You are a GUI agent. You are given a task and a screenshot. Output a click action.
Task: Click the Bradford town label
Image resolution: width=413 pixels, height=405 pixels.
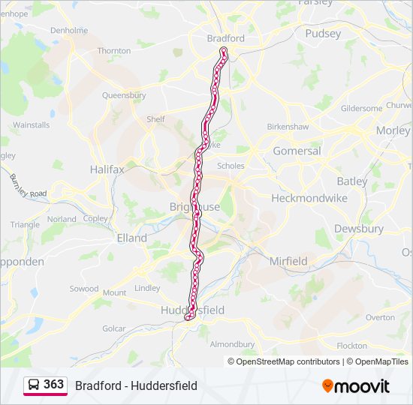coord(225,38)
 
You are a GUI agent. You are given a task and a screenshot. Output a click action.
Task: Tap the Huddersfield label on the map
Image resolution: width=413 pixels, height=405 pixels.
coord(192,310)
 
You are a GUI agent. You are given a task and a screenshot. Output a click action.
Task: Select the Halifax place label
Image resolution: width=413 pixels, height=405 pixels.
coord(107,169)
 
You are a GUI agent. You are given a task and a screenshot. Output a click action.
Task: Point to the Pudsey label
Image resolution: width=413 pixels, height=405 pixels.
coord(323,34)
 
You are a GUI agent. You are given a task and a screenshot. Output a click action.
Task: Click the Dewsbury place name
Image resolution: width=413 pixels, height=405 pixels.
coord(358,229)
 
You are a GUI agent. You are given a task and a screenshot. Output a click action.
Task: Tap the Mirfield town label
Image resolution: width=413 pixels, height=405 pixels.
coord(288,262)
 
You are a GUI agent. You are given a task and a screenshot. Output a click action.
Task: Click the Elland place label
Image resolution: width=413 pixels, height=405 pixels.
coord(132,238)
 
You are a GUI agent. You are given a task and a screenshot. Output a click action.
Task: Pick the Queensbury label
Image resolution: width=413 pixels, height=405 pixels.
coord(124,96)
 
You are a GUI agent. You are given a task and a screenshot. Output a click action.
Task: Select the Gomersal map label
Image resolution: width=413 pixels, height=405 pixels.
coord(297,151)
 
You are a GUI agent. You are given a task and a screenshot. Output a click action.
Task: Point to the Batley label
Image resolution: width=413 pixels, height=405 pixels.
coord(352,181)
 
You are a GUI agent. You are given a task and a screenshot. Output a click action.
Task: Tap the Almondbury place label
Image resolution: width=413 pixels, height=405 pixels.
coord(232,344)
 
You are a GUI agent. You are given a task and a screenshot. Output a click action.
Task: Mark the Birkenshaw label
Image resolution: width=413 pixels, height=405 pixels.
coord(288,127)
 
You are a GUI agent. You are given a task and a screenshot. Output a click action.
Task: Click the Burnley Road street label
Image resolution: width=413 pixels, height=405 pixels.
coord(28,186)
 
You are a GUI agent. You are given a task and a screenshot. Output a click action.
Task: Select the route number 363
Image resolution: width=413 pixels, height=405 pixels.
coord(53,385)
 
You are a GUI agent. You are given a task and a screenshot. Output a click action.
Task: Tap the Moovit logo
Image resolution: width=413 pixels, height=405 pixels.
coord(356,386)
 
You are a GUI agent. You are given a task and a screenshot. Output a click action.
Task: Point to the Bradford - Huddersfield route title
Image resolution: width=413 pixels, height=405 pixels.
coord(136,385)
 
